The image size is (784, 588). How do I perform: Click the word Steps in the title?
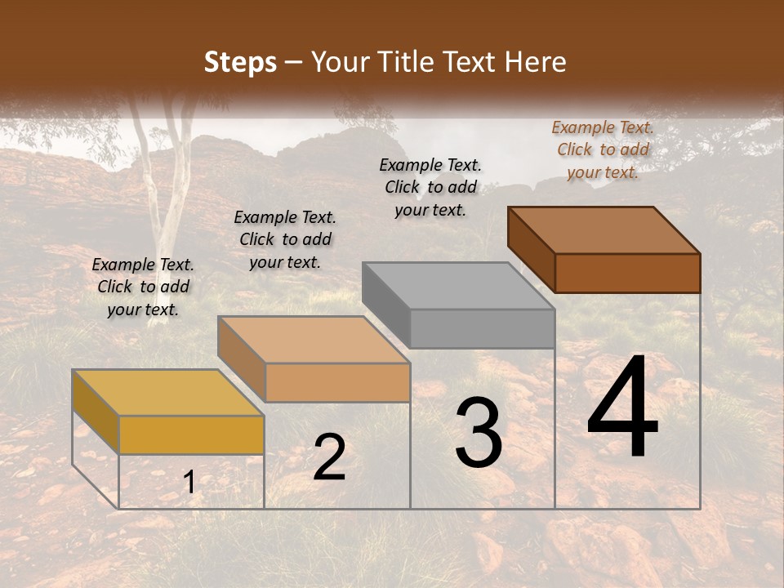tap(239, 62)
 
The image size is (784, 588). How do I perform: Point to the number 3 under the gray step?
tap(479, 433)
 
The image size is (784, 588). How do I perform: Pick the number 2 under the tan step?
tap(329, 457)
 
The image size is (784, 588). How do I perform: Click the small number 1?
tap(189, 483)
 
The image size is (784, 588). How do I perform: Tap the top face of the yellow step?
tap(167, 393)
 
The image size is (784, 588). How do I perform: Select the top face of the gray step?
tap(458, 286)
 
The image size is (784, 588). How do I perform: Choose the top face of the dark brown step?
tap(604, 230)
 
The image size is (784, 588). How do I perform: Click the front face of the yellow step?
tap(191, 434)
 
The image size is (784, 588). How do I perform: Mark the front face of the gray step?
tap(482, 329)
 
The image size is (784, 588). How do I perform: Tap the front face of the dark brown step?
tap(627, 273)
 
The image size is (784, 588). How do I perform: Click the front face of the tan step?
tap(337, 382)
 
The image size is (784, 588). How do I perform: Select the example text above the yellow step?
tap(143, 287)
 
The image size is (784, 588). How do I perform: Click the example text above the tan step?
tap(285, 239)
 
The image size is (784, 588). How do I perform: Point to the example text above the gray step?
tap(430, 187)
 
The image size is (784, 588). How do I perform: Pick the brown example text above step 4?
tap(603, 149)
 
